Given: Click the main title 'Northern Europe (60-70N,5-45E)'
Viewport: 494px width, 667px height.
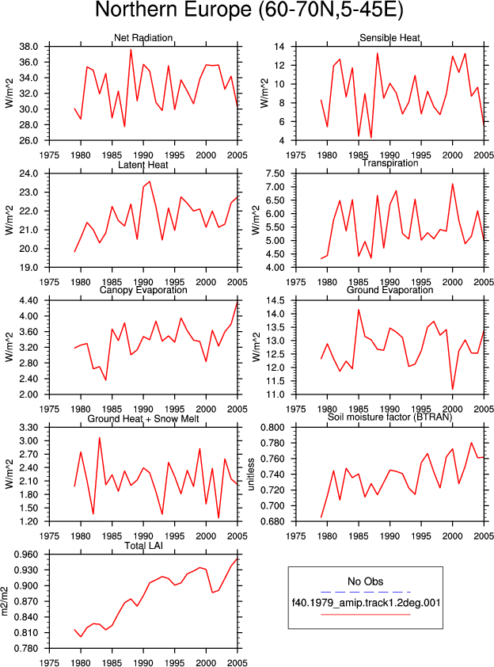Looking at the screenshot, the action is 249,10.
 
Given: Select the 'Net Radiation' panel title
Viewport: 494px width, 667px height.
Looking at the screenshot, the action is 143,38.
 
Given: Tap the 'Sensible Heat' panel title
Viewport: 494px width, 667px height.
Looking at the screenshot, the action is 389,38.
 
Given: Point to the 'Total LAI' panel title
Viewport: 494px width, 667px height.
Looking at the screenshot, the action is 144,546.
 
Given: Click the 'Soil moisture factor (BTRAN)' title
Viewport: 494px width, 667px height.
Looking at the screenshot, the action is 389,417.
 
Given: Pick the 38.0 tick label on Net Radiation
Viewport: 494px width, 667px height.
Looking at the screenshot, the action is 29,47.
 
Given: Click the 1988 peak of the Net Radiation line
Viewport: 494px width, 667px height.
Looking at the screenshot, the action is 131,49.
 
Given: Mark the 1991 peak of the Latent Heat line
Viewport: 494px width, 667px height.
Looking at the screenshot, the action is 150,181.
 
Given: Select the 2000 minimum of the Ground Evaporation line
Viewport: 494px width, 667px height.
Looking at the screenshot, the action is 453,389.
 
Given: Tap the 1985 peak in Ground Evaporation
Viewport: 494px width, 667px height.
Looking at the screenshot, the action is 359,309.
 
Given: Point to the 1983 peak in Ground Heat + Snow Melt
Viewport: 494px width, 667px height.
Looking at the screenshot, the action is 100,438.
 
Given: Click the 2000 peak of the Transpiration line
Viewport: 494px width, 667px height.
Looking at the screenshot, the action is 453,184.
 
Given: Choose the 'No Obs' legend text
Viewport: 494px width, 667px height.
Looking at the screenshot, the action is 366,581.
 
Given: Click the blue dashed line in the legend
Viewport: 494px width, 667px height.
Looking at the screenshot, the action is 366,592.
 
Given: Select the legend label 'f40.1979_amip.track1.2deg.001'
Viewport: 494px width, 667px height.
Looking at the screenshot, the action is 366,603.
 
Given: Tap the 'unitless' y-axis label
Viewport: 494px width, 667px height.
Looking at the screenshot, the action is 251,475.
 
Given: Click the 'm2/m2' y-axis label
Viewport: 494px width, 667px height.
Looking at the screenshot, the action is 5,601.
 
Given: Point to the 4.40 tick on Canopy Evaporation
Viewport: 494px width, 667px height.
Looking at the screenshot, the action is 29,301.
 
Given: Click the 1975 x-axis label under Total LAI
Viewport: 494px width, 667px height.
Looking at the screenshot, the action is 49,663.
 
